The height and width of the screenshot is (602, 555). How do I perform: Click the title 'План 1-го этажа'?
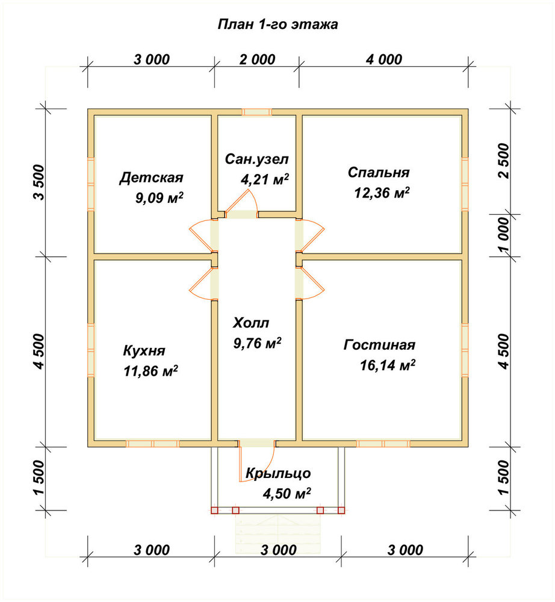pyautogui.click(x=277, y=25)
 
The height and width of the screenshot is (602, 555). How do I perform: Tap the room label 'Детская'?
pyautogui.click(x=151, y=178)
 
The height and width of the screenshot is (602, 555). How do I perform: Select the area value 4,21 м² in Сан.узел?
pyautogui.click(x=265, y=179)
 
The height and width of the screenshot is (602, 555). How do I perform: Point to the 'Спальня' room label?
pyautogui.click(x=379, y=172)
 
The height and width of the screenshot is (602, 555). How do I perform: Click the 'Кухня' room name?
pyautogui.click(x=144, y=350)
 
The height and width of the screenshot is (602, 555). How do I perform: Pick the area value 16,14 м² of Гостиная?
pyautogui.click(x=387, y=365)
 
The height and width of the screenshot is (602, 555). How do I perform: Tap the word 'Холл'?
pyautogui.click(x=250, y=323)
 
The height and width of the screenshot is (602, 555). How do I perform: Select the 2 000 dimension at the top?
pyautogui.click(x=258, y=60)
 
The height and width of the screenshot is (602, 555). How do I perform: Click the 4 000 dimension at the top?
pyautogui.click(x=384, y=60)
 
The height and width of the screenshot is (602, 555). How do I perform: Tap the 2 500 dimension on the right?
pyautogui.click(x=503, y=161)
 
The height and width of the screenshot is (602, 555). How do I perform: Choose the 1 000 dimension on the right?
pyautogui.click(x=503, y=235)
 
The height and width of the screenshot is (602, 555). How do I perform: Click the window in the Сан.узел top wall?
pyautogui.click(x=257, y=112)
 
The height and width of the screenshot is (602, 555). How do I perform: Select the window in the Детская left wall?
pyautogui.click(x=91, y=184)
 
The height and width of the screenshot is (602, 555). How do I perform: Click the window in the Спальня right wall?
pyautogui.click(x=465, y=184)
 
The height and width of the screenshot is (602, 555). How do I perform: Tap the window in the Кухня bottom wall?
pyautogui.click(x=153, y=444)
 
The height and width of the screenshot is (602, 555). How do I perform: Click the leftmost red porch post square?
pyautogui.click(x=214, y=510)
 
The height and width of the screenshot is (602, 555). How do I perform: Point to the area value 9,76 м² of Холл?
pyautogui.click(x=257, y=343)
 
